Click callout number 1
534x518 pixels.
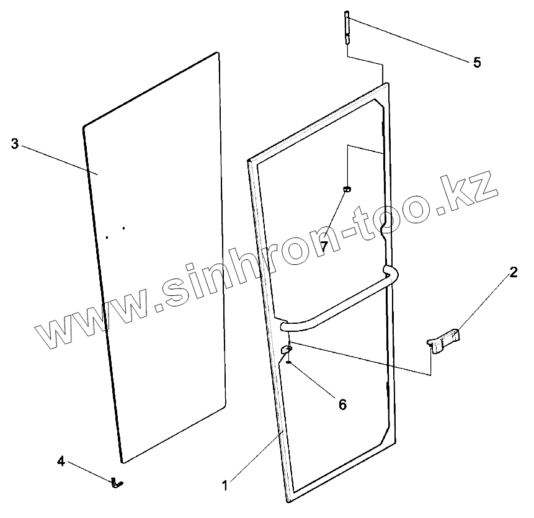(x=225, y=484)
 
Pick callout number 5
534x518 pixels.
(x=476, y=62)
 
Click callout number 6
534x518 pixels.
(x=342, y=404)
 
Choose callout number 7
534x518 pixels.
(x=323, y=246)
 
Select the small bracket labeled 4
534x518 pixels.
(x=117, y=481)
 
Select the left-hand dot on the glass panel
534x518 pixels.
(x=107, y=236)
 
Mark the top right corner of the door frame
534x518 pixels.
(x=386, y=84)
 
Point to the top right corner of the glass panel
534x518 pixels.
(x=218, y=53)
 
